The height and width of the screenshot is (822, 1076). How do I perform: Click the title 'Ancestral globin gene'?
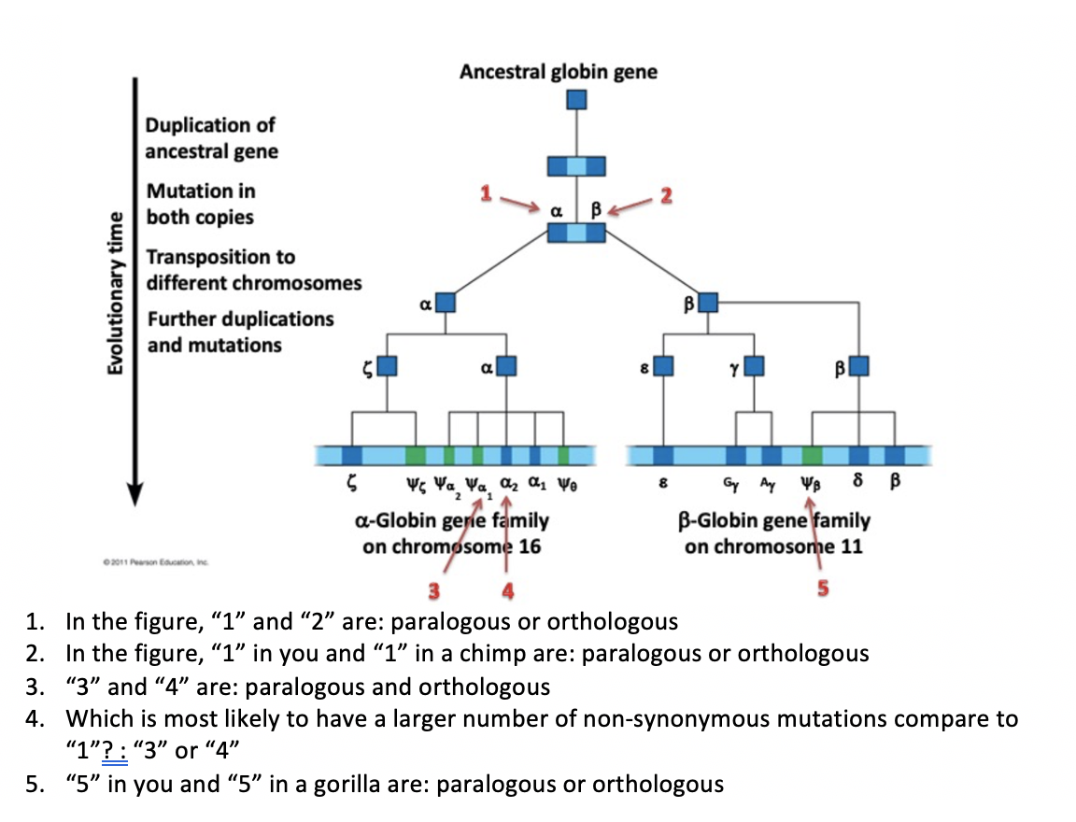(558, 72)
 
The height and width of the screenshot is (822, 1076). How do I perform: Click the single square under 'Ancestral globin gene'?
(578, 99)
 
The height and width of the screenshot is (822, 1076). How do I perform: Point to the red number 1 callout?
(485, 193)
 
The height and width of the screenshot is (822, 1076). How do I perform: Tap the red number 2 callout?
(665, 195)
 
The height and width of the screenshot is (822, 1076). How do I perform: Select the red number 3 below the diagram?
(433, 589)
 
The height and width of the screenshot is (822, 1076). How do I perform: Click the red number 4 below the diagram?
(507, 589)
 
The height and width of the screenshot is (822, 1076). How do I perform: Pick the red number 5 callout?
(822, 588)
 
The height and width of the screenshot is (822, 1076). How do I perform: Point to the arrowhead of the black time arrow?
(135, 494)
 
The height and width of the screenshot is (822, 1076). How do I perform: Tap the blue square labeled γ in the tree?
(753, 365)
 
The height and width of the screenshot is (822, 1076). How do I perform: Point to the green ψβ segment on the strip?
(813, 456)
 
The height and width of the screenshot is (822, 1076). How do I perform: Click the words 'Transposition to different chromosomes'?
(252, 269)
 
